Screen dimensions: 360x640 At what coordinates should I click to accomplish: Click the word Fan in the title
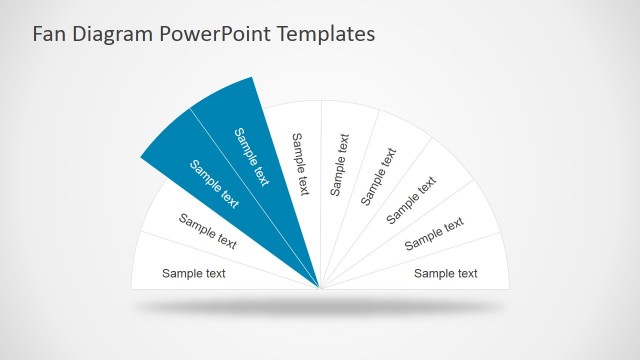50,34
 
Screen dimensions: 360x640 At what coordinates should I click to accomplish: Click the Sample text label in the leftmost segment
194,273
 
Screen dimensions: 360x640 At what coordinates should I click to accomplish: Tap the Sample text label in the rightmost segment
446,273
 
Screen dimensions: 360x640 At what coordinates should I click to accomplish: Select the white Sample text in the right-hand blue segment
252,157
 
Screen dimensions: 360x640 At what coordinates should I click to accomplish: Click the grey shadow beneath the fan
320,306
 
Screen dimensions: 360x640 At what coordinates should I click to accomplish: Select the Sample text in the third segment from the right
412,199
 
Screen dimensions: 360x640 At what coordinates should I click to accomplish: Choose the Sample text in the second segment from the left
208,231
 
